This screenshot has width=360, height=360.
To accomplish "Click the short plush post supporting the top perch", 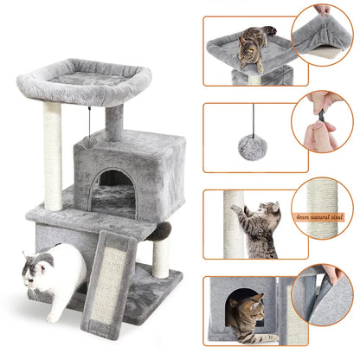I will coord(114,123).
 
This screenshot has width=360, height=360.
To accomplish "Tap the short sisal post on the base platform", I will coord(160,256).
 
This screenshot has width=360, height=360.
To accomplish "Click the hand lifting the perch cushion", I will coord(322,10).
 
